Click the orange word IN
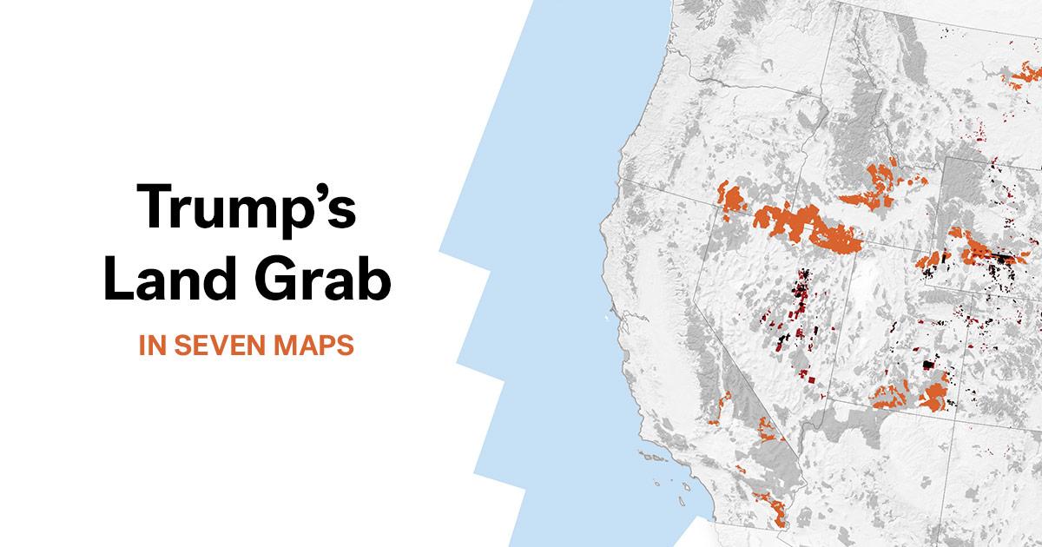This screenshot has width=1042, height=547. click(153, 344)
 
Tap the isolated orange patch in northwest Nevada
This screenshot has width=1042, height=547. click(733, 199)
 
